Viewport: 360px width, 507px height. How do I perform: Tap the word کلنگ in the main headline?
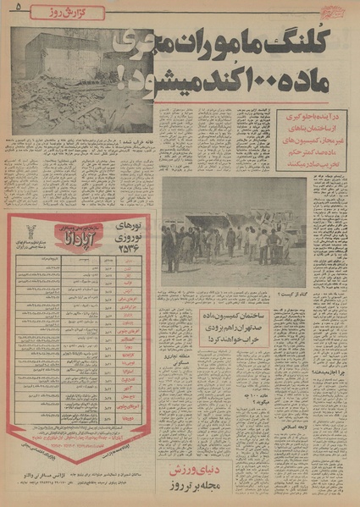pos(319,39)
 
